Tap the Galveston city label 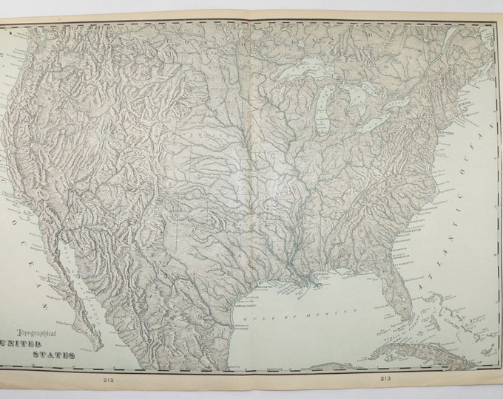pos(260,282)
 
